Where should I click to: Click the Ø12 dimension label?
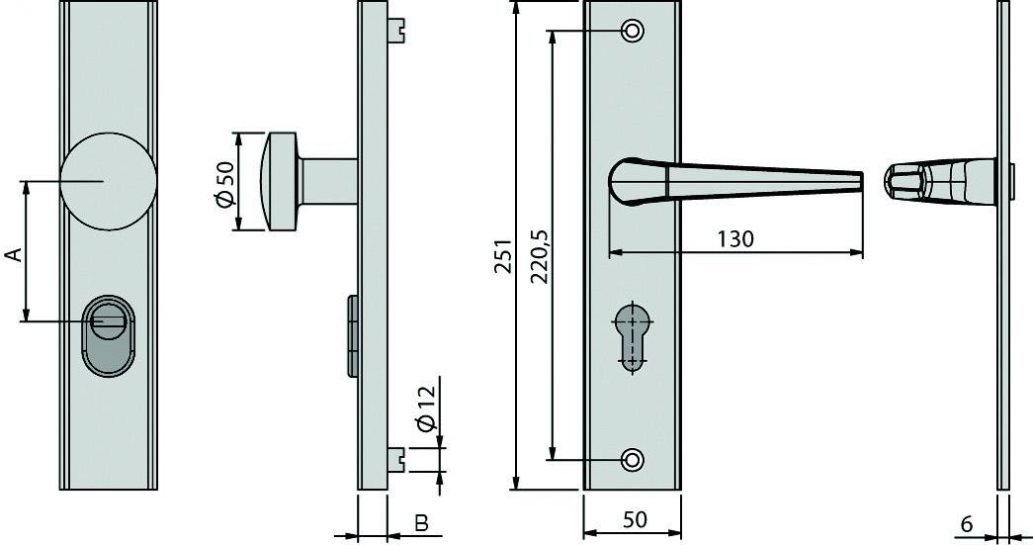pyautogui.click(x=426, y=409)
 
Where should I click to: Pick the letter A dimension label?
pyautogui.click(x=14, y=255)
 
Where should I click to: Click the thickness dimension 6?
pyautogui.click(x=967, y=523)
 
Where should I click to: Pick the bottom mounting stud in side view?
pyautogui.click(x=397, y=457)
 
